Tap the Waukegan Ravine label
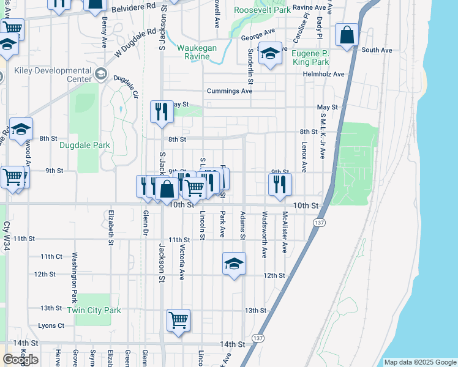coord(201,53)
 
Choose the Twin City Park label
coord(94,310)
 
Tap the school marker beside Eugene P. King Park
coord(269,54)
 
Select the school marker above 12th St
coord(234,264)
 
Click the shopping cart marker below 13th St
coord(178,321)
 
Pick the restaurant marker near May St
coord(162,112)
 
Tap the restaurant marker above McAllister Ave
coord(280,184)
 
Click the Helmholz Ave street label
coord(324,74)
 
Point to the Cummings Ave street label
coord(230,91)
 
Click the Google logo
coord(20,359)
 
